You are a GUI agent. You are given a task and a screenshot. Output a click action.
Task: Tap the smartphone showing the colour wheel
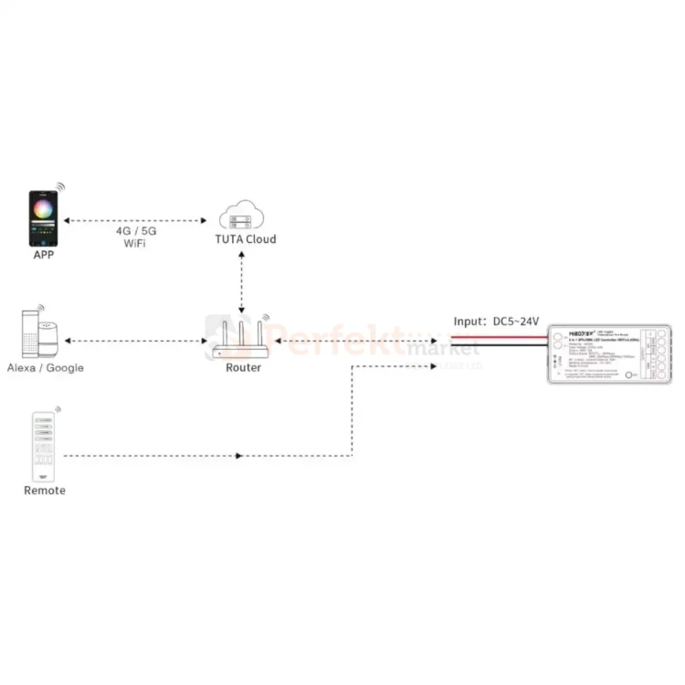pyautogui.click(x=45, y=218)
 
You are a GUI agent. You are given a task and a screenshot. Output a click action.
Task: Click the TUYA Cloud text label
pyautogui.click(x=245, y=239)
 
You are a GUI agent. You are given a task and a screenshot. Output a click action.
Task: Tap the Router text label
pyautogui.click(x=243, y=367)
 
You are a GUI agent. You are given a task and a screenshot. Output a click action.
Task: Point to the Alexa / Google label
pyautogui.click(x=46, y=367)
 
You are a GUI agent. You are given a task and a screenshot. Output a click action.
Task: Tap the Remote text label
pyautogui.click(x=45, y=490)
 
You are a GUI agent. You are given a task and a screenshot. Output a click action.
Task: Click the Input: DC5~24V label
pyautogui.click(x=497, y=321)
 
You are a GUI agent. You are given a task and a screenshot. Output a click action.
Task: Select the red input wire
pyautogui.click(x=498, y=338)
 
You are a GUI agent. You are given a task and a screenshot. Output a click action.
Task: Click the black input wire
pyautogui.click(x=498, y=347)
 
